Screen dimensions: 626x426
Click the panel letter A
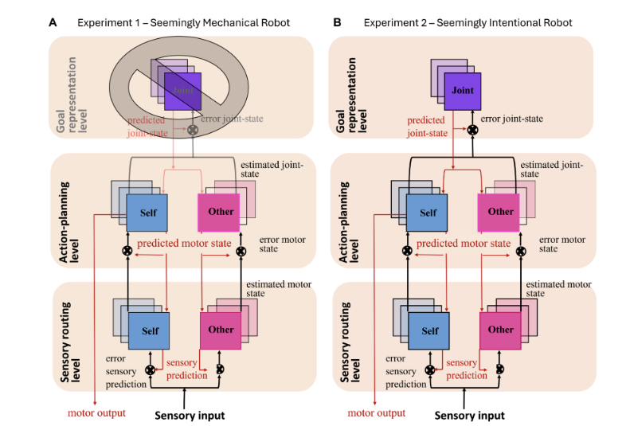point(53,23)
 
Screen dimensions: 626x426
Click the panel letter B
point(338,23)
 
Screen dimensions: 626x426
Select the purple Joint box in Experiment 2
point(462,92)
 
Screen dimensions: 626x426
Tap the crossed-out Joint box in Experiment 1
point(183,92)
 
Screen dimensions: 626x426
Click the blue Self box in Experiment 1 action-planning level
point(147,213)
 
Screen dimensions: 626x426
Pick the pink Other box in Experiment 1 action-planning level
point(219,213)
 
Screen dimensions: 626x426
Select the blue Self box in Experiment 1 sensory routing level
point(148,330)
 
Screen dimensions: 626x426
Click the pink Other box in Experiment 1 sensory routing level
point(221,330)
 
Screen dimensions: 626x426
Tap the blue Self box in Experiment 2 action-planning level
point(427,213)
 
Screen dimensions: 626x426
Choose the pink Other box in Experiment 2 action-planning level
point(499,213)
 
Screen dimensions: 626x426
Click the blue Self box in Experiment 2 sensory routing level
point(428,330)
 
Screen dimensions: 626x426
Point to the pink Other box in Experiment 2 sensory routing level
point(500,330)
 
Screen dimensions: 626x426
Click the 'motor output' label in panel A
point(96,412)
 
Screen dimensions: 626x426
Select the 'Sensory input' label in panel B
point(470,416)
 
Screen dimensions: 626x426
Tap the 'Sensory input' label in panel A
point(190,416)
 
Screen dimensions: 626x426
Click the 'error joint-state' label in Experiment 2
point(512,119)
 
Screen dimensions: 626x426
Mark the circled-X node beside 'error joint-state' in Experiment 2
point(473,130)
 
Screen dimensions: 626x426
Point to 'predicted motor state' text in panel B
point(464,243)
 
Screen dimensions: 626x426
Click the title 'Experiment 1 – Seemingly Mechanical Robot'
point(184,23)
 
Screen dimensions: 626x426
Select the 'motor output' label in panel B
point(377,412)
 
